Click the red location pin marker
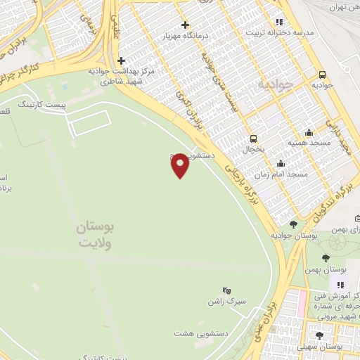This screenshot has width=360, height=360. tap(180, 165)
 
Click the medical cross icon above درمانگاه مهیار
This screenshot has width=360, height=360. tap(185, 25)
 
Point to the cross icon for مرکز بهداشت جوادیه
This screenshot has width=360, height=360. tap(122, 60)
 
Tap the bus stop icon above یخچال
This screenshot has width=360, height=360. tap(253, 139)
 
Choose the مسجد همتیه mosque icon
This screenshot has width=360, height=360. tap(309, 132)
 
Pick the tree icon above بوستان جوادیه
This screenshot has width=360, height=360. tap(293, 224)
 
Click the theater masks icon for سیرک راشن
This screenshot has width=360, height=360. tap(226, 290)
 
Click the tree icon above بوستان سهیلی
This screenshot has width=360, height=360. tap(320, 335)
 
